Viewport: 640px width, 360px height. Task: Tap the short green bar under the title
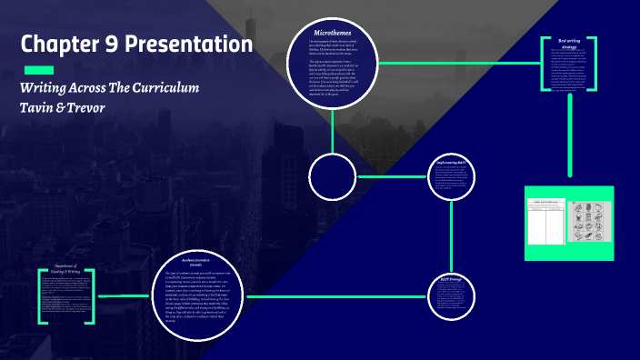38,70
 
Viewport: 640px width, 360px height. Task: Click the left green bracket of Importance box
40,296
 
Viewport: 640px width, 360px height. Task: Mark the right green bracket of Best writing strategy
594,64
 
